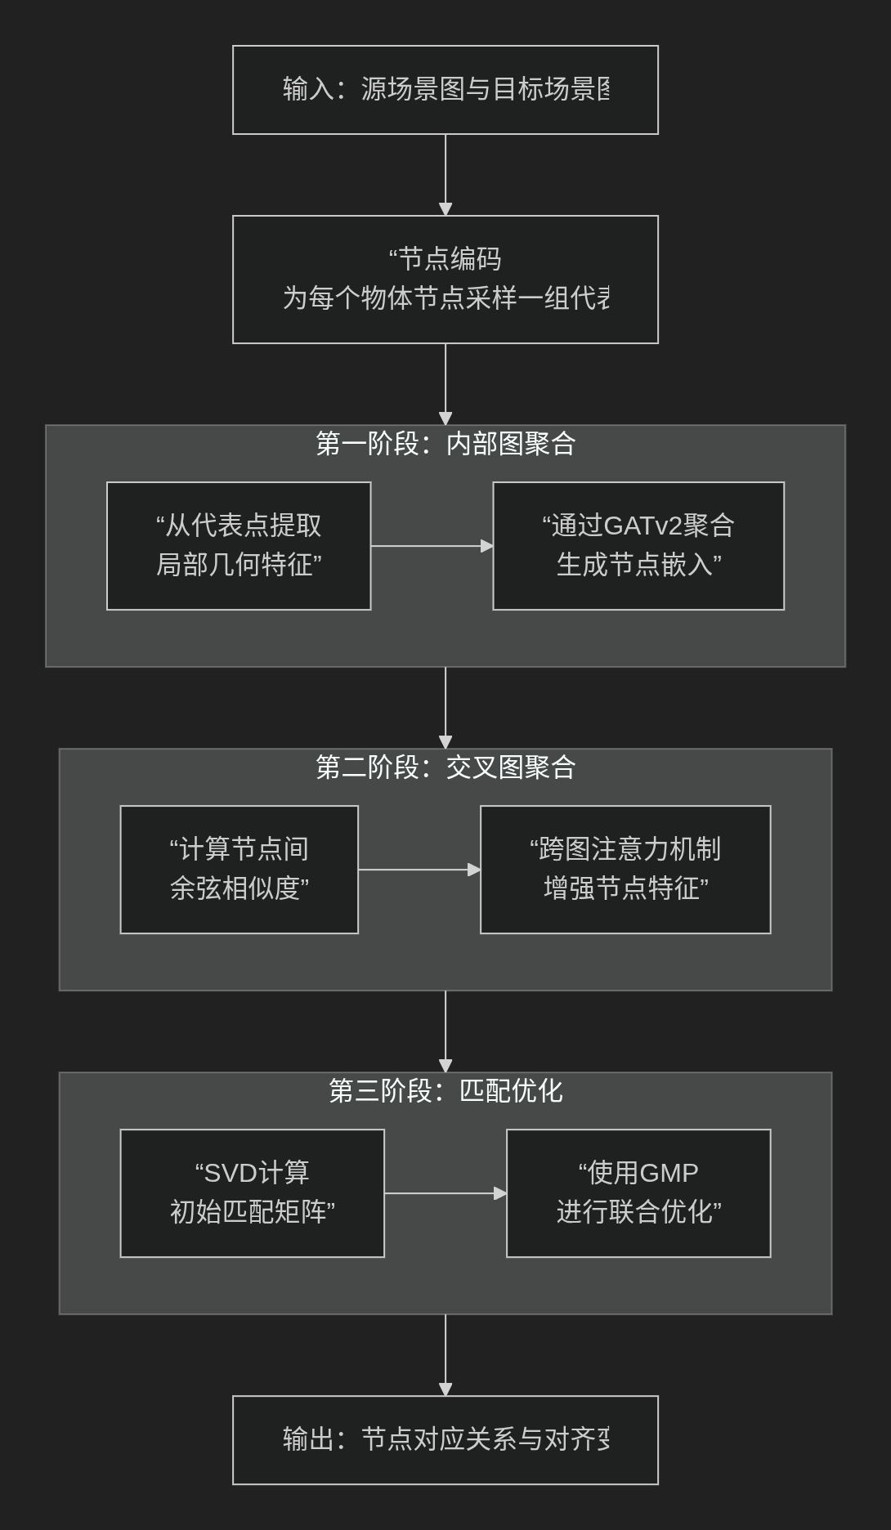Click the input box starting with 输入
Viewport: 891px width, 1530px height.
(x=445, y=90)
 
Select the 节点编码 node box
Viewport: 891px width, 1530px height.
(x=445, y=280)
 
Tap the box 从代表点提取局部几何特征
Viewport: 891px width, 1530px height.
(x=239, y=546)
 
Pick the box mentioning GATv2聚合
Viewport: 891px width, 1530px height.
(x=638, y=546)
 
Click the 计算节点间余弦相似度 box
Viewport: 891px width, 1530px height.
(x=239, y=870)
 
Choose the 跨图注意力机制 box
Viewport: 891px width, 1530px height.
(x=625, y=870)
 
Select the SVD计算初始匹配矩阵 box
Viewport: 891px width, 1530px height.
(x=252, y=1193)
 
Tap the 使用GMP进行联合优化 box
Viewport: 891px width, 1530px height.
(x=638, y=1193)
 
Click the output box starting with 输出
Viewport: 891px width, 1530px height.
(x=445, y=1440)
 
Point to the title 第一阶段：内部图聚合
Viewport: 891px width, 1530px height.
(x=445, y=444)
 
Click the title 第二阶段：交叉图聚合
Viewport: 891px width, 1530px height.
(x=445, y=767)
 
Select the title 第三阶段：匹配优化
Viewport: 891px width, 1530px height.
(x=445, y=1091)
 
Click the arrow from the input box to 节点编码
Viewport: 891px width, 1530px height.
(x=445, y=174)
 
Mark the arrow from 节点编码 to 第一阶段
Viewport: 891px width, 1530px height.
(x=445, y=383)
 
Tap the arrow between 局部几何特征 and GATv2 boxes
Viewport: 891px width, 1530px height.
(x=432, y=546)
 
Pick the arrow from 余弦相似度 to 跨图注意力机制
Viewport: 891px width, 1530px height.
(x=419, y=870)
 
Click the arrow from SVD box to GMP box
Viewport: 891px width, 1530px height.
(x=445, y=1193)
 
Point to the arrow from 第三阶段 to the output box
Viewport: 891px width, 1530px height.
(x=445, y=1354)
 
